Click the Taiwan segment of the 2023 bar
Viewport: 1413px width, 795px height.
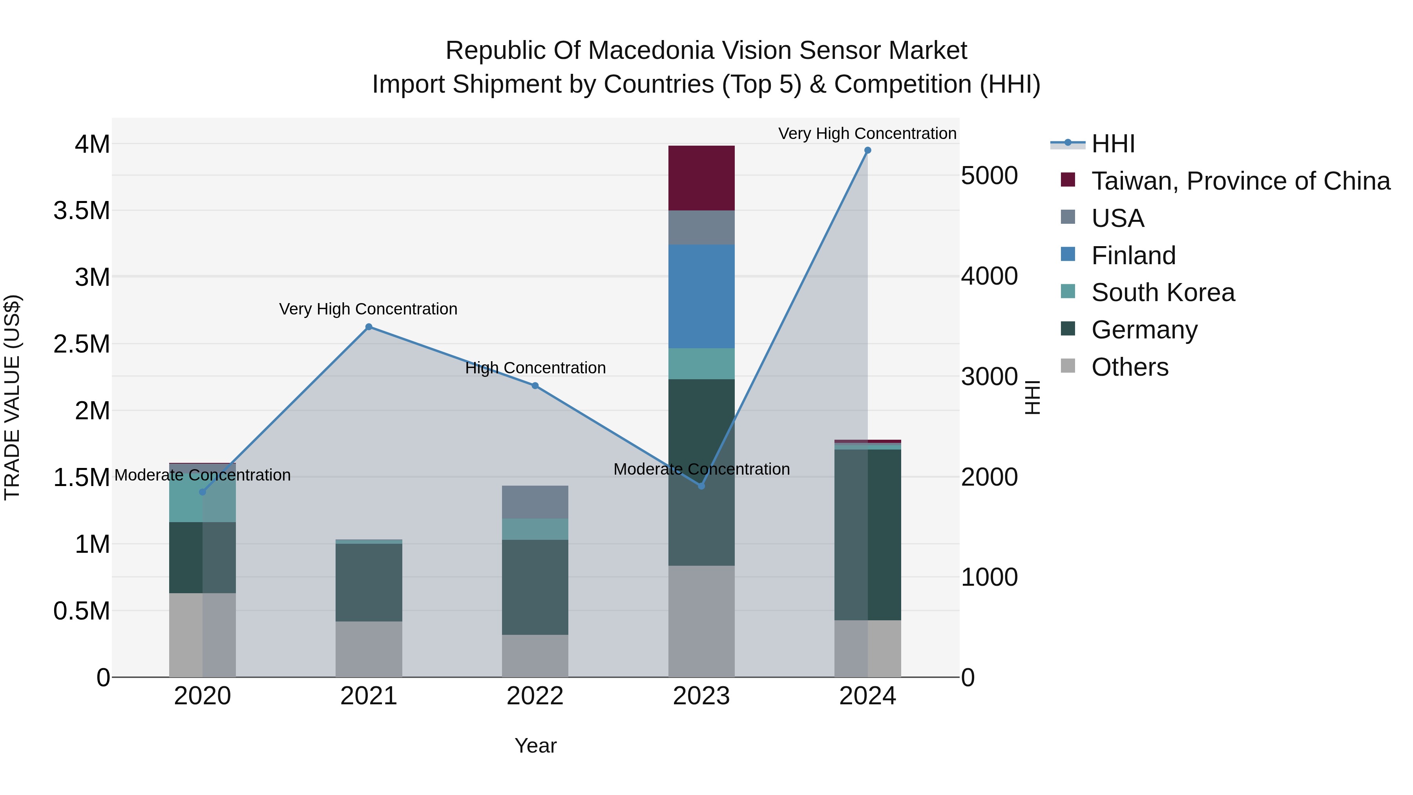(x=701, y=178)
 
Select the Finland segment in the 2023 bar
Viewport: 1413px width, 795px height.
(x=701, y=296)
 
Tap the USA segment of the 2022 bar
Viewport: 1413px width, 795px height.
(x=535, y=502)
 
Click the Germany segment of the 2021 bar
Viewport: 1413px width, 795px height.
(x=369, y=582)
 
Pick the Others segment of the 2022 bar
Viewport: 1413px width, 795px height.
(x=535, y=656)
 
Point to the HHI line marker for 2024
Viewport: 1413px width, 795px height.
(x=867, y=150)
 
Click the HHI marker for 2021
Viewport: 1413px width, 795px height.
(x=369, y=327)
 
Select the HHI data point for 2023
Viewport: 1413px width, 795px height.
(x=701, y=486)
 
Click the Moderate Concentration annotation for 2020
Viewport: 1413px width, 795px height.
(x=203, y=475)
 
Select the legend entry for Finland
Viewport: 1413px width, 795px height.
(x=1133, y=256)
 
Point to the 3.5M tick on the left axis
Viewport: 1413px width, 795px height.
(x=82, y=211)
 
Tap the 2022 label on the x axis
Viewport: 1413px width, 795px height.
(x=535, y=696)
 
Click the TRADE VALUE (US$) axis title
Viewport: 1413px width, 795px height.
(x=12, y=397)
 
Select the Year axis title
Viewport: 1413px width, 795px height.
(x=535, y=746)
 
